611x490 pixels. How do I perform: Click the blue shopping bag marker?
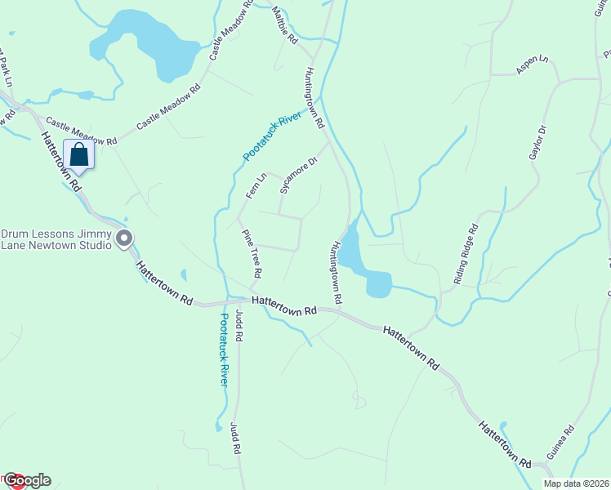tap(78, 154)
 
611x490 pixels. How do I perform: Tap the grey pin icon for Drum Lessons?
tap(124, 238)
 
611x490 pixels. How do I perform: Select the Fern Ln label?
tap(256, 185)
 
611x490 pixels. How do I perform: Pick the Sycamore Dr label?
tap(297, 175)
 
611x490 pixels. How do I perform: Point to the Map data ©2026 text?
tap(576, 483)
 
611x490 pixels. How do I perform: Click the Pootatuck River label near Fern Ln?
tap(272, 137)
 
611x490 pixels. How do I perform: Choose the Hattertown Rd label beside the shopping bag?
tap(62, 163)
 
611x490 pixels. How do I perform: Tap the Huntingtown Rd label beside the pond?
tap(337, 269)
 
